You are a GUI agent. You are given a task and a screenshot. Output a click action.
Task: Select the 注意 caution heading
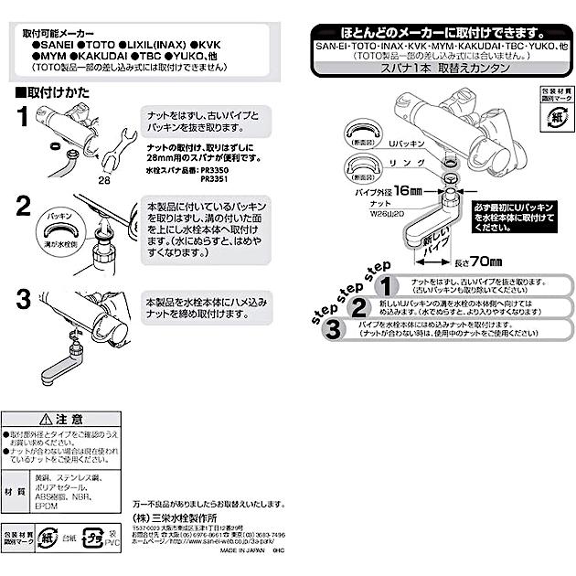click(60, 418)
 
